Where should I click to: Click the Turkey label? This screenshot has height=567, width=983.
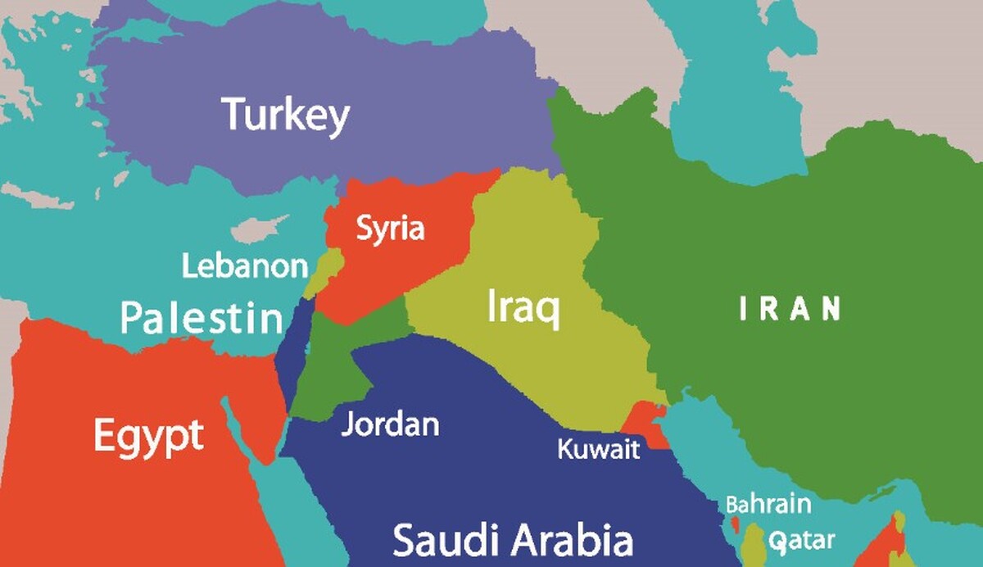pos(286,116)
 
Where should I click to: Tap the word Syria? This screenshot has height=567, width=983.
pos(390,229)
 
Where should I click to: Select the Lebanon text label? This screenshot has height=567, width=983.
pos(245,266)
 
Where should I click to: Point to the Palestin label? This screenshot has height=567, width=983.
pos(202,317)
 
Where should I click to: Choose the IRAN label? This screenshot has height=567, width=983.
pos(790,309)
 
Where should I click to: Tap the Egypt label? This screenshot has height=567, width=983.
pos(147,435)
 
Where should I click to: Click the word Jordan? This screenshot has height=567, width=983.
pos(390,424)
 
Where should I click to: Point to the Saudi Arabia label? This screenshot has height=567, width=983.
pos(513,541)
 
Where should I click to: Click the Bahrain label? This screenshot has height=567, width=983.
pos(768,503)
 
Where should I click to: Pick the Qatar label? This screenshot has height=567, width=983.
pos(802,541)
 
